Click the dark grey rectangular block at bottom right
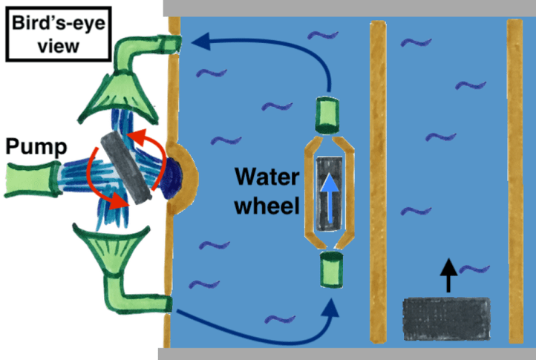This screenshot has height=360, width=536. click(446, 318)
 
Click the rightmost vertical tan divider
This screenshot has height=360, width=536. click(514, 182)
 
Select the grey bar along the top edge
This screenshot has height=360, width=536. click(349, 8)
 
